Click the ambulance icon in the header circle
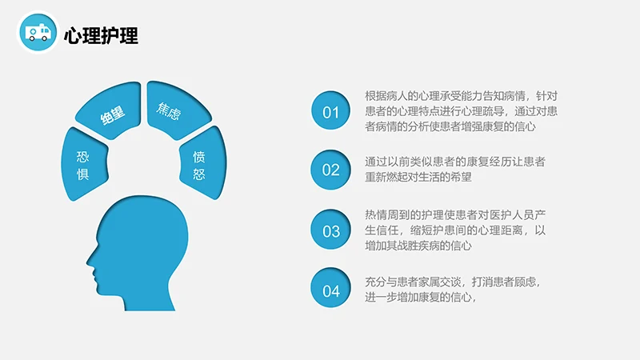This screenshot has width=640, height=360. click(37, 31)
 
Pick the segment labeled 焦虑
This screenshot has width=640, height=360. click(168, 111)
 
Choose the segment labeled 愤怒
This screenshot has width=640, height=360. click(199, 163)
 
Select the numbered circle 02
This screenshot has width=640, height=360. click(331, 170)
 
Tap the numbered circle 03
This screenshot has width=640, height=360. click(331, 231)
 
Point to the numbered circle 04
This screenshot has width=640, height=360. click(331, 290)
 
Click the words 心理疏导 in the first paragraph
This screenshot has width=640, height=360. click(478, 110)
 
